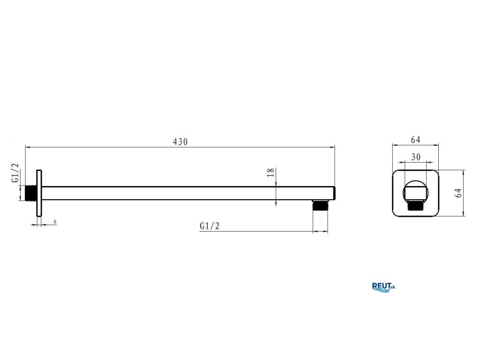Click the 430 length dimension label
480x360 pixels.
[180, 142]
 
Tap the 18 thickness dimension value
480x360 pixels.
[271, 173]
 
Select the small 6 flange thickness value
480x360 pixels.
[55, 221]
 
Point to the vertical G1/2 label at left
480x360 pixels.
[15, 172]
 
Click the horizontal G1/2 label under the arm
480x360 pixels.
[210, 226]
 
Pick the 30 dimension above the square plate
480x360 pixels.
[416, 157]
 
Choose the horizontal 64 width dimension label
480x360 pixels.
[415, 140]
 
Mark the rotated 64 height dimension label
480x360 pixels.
[458, 193]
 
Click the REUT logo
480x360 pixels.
[383, 287]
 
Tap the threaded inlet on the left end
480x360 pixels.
[30, 193]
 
